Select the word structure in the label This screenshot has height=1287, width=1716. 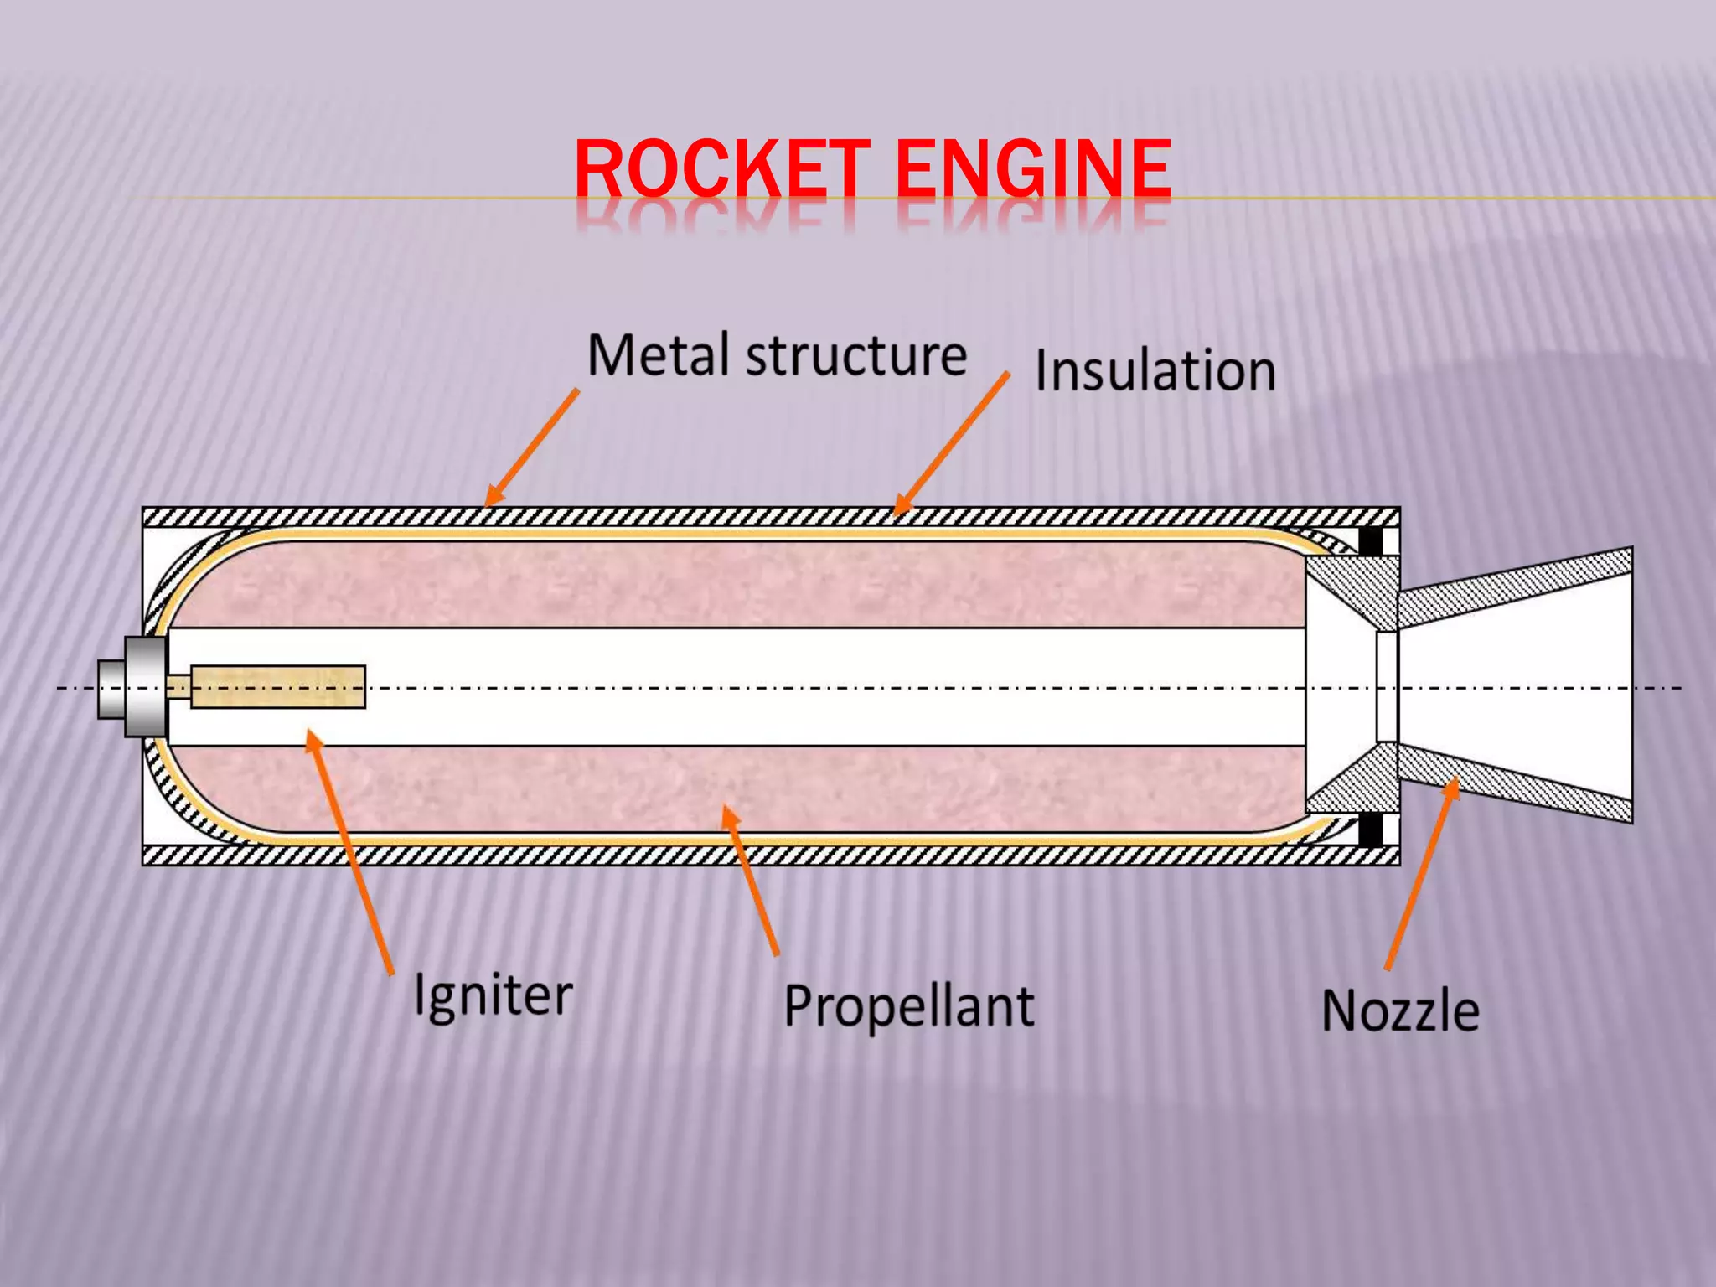pos(856,357)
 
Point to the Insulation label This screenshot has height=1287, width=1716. pos(1155,370)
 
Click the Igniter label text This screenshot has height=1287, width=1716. pos(494,996)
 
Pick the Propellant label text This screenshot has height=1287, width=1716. pos(909,1006)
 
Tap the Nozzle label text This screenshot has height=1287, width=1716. pos(1400,1010)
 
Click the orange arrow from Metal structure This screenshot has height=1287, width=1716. pos(532,447)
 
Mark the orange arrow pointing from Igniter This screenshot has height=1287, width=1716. pos(349,850)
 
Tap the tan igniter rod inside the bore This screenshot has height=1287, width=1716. pos(277,686)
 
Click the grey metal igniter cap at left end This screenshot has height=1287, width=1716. pos(134,687)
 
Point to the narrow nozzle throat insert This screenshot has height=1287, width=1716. pos(1387,687)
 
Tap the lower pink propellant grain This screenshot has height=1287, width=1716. pos(737,788)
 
